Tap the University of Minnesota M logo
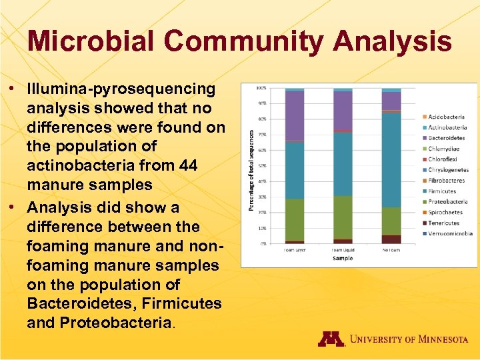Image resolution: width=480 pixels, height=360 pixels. pos(331,339)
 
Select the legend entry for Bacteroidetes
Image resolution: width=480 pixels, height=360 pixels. pos(446,138)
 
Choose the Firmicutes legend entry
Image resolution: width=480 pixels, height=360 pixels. pos(442,191)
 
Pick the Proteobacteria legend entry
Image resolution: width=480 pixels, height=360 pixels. pos(447,202)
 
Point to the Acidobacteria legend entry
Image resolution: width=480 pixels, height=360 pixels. pos(446,117)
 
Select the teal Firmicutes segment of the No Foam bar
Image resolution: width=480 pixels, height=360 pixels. pos(391,160)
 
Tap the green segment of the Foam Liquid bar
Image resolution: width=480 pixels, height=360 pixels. pos(343,217)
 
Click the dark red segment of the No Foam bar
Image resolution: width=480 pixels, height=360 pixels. pos(391,239)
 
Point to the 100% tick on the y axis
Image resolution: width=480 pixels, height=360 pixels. pos(262,88)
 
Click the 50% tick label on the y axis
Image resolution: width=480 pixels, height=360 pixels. pos(262,166)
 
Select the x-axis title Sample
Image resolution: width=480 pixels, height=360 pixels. pos(343,257)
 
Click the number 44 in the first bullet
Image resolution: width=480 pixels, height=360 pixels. pos(188,165)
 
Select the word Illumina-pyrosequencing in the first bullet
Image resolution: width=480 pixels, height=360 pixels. pos(121,89)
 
